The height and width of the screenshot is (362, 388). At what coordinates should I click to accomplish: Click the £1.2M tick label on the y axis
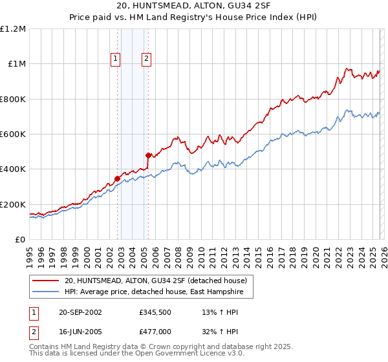click(13, 29)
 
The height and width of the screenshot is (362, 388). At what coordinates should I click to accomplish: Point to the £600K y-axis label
click(13, 134)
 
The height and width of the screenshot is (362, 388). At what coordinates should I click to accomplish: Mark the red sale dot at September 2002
click(118, 178)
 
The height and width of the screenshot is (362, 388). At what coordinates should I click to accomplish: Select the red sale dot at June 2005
click(149, 155)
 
